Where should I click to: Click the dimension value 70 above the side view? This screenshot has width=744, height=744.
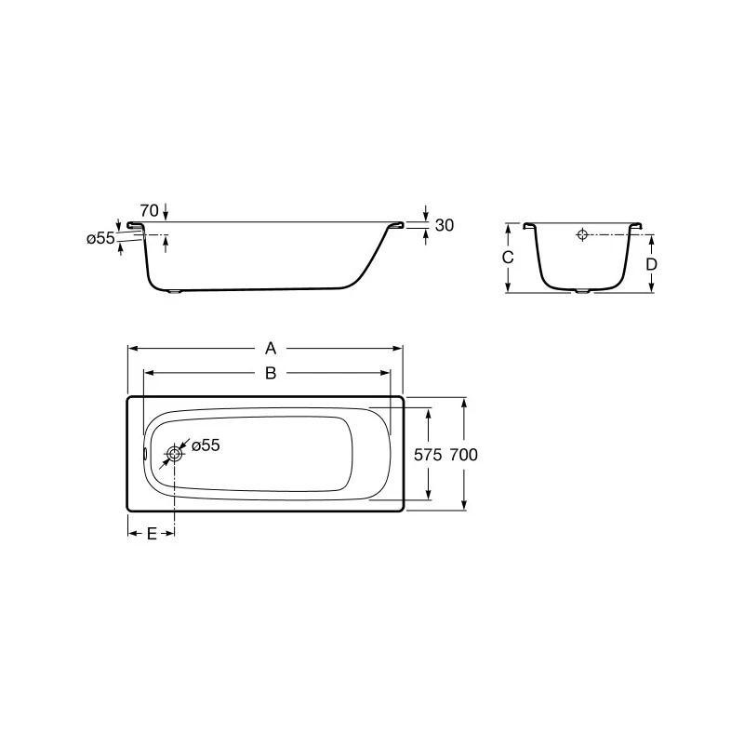(x=149, y=209)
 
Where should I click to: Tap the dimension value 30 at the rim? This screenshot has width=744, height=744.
(x=444, y=225)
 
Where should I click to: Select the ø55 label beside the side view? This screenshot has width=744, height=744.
(x=100, y=238)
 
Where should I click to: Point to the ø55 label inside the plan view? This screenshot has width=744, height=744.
(x=206, y=445)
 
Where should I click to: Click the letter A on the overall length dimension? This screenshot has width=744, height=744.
(x=270, y=349)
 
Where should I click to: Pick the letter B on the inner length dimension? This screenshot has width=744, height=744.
(x=270, y=373)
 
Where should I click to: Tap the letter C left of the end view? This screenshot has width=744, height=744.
(x=508, y=258)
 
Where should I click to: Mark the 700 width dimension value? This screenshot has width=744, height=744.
(x=463, y=455)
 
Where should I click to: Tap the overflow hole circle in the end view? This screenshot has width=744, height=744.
(x=582, y=234)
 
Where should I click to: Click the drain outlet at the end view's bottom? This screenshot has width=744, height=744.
(x=582, y=291)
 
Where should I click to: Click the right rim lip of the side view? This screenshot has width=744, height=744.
(x=396, y=224)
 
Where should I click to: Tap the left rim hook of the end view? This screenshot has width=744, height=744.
(x=528, y=225)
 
